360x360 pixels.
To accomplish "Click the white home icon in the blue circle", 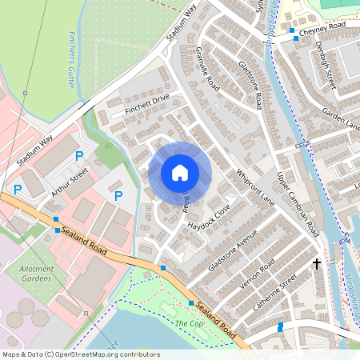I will (x=180, y=173).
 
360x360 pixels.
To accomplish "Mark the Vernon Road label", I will (x=257, y=274).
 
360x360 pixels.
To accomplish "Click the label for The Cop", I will (x=189, y=323).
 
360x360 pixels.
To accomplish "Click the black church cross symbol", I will (x=316, y=263).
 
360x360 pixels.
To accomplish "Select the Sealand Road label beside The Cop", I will (x=216, y=320).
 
